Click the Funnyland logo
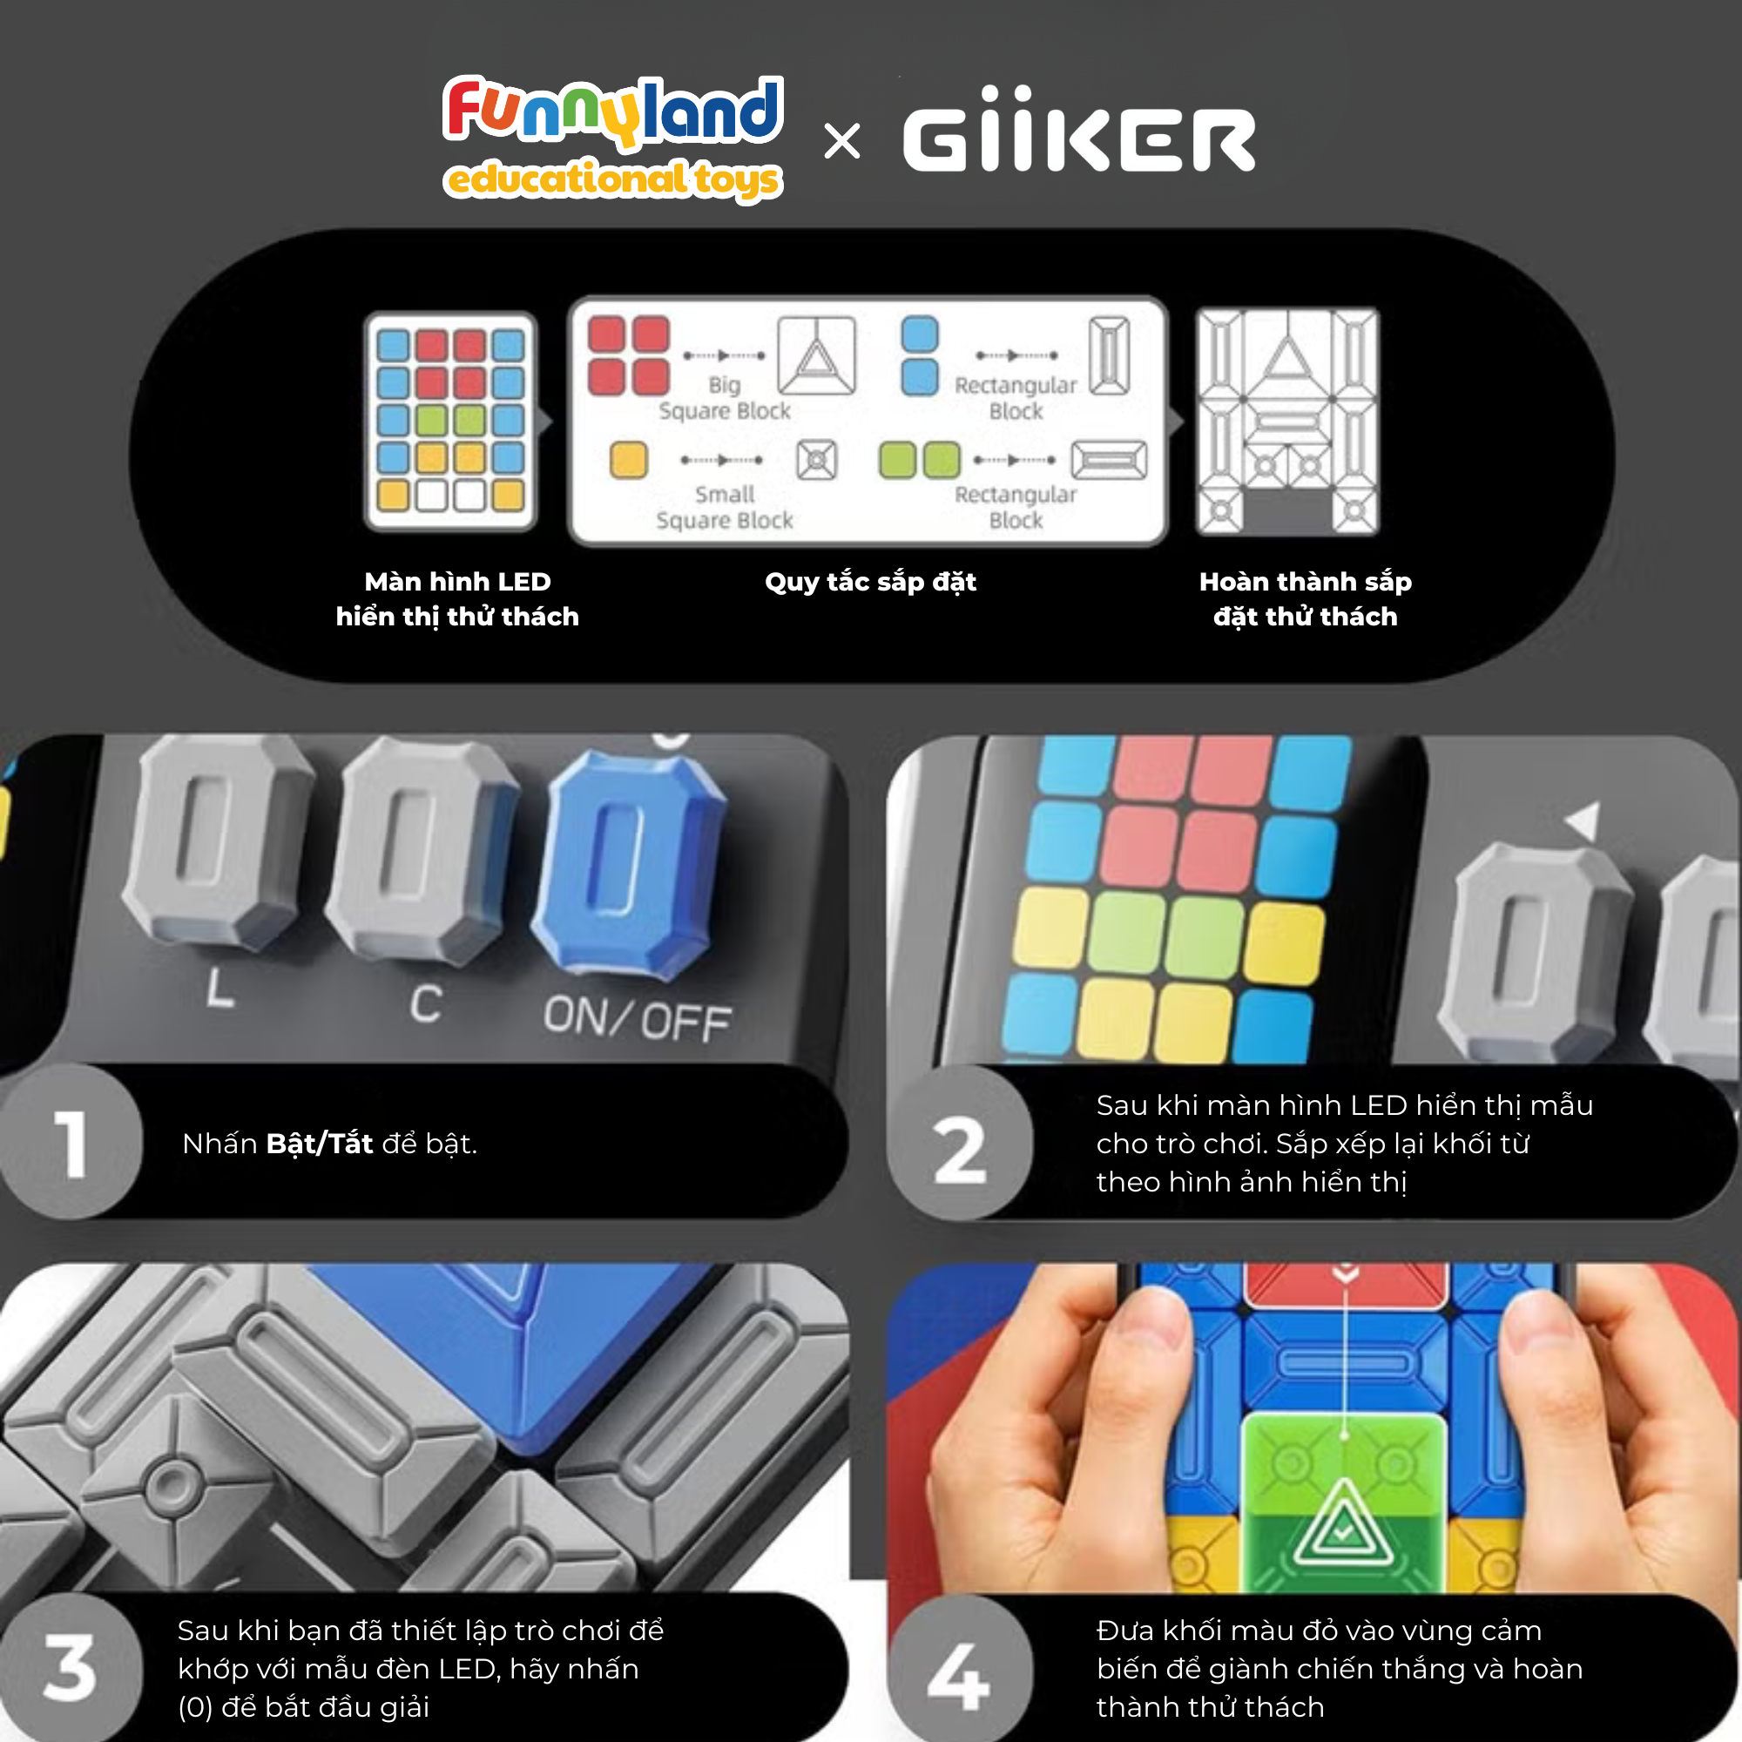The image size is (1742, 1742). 613,138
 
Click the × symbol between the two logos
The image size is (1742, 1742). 842,142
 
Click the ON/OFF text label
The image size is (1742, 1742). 638,1019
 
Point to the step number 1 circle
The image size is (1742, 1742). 71,1143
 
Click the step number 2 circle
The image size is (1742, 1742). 959,1144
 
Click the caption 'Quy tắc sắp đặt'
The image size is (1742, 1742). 870,582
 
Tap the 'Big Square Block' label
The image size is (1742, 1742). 725,398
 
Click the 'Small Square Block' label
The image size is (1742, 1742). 725,508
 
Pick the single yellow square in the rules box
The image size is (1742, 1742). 629,460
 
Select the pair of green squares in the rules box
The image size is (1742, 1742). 920,460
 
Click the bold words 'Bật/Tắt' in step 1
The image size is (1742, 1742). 319,1144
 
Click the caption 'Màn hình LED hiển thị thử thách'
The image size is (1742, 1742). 457,598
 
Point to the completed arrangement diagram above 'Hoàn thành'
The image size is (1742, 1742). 1286,421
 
